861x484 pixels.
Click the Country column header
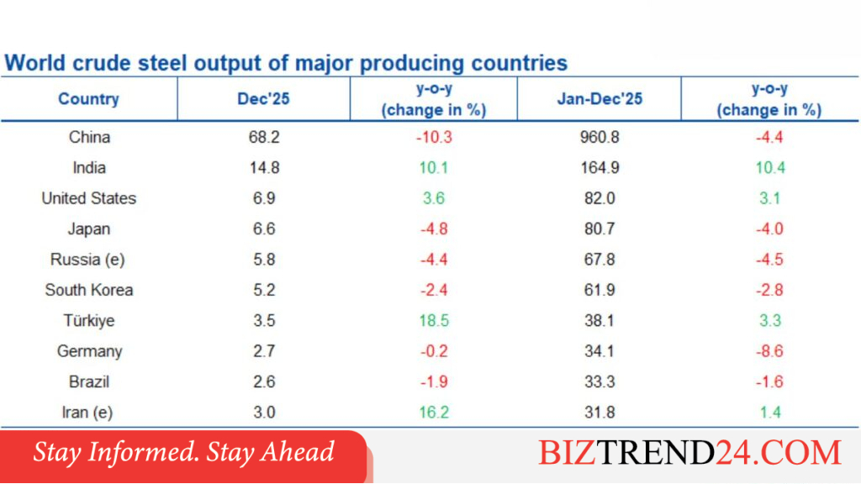[x=88, y=99]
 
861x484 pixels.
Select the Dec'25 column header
[x=263, y=99]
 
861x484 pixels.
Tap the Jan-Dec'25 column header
[x=600, y=99]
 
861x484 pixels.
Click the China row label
[x=89, y=137]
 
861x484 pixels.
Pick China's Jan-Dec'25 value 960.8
[x=600, y=137]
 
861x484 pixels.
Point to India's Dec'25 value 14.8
[x=264, y=168]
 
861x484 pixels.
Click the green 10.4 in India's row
[x=770, y=168]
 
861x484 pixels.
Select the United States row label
[x=89, y=198]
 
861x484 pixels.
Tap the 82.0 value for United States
[x=600, y=198]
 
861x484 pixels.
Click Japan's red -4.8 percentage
[x=434, y=229]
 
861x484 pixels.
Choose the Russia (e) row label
[x=87, y=260]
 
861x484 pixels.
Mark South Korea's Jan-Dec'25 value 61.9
[x=600, y=290]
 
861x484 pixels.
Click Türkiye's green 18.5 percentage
[x=434, y=320]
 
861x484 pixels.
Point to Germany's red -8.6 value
[x=769, y=351]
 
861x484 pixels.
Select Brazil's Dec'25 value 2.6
[x=264, y=382]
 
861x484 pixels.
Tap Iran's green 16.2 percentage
[x=434, y=413]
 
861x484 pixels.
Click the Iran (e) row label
[x=87, y=413]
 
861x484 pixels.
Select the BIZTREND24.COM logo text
[x=689, y=453]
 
